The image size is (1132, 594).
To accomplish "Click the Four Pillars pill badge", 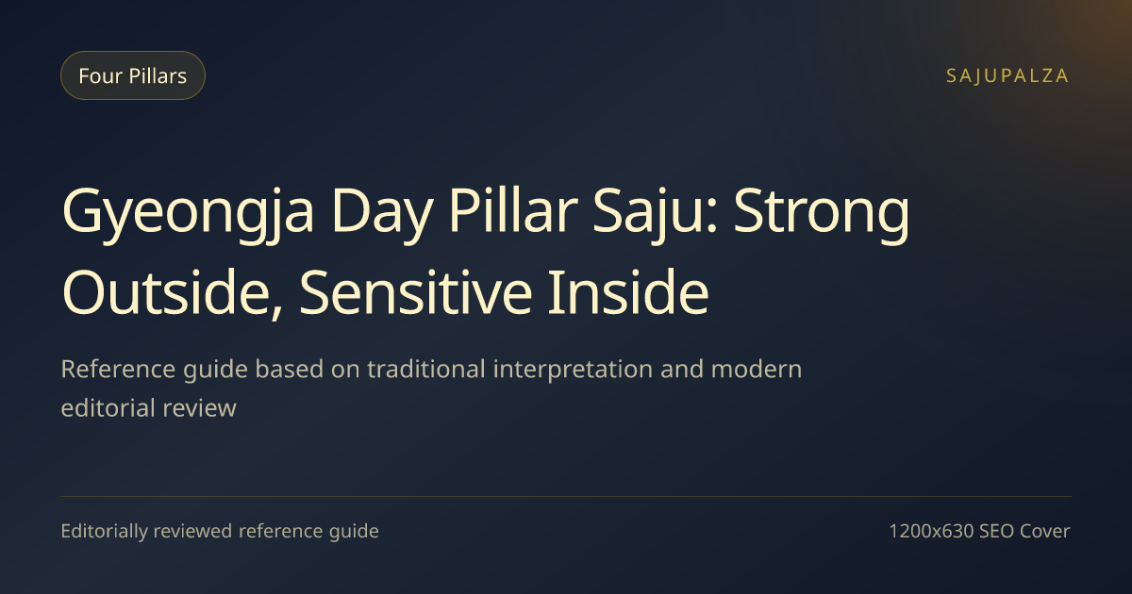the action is click(x=133, y=75).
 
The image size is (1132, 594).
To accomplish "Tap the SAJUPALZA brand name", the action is click(x=1007, y=75).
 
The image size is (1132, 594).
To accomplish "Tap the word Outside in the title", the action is click(x=173, y=293).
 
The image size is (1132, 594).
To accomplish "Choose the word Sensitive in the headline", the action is click(x=415, y=292).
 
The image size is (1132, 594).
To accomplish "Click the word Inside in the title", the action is click(x=628, y=292).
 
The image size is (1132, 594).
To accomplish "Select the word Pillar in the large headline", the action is click(x=512, y=210).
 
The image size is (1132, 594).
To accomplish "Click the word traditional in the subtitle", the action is click(x=426, y=369).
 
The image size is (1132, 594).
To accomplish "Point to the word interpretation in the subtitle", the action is click(x=573, y=371).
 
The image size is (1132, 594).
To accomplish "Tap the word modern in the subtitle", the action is click(x=756, y=369).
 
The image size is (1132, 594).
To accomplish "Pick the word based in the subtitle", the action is click(x=289, y=369).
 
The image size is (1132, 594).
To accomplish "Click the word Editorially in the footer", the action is click(x=104, y=532).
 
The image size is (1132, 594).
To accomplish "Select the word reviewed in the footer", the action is click(x=192, y=531).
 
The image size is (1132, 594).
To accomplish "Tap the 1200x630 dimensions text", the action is click(x=931, y=531).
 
